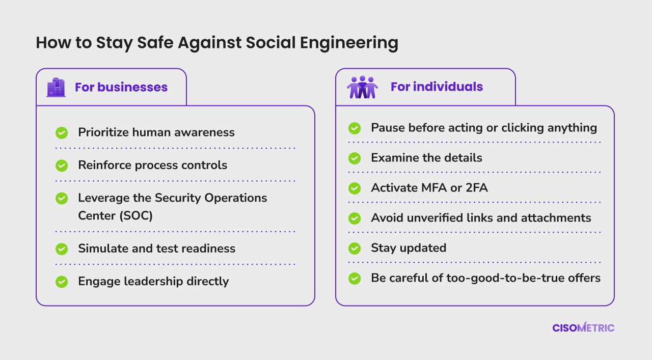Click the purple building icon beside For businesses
pos(56,87)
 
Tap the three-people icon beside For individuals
pos(362,87)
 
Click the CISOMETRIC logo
pos(583,327)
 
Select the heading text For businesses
pos(121,87)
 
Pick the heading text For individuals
pos(437,87)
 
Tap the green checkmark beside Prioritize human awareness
pos(62,133)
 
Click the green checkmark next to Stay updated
pos(355,248)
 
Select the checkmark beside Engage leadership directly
pos(62,282)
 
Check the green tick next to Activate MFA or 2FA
pos(355,188)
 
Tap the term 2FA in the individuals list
pos(477,188)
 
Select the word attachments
pos(556,218)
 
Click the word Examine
pos(395,158)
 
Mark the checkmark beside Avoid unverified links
pos(355,218)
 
